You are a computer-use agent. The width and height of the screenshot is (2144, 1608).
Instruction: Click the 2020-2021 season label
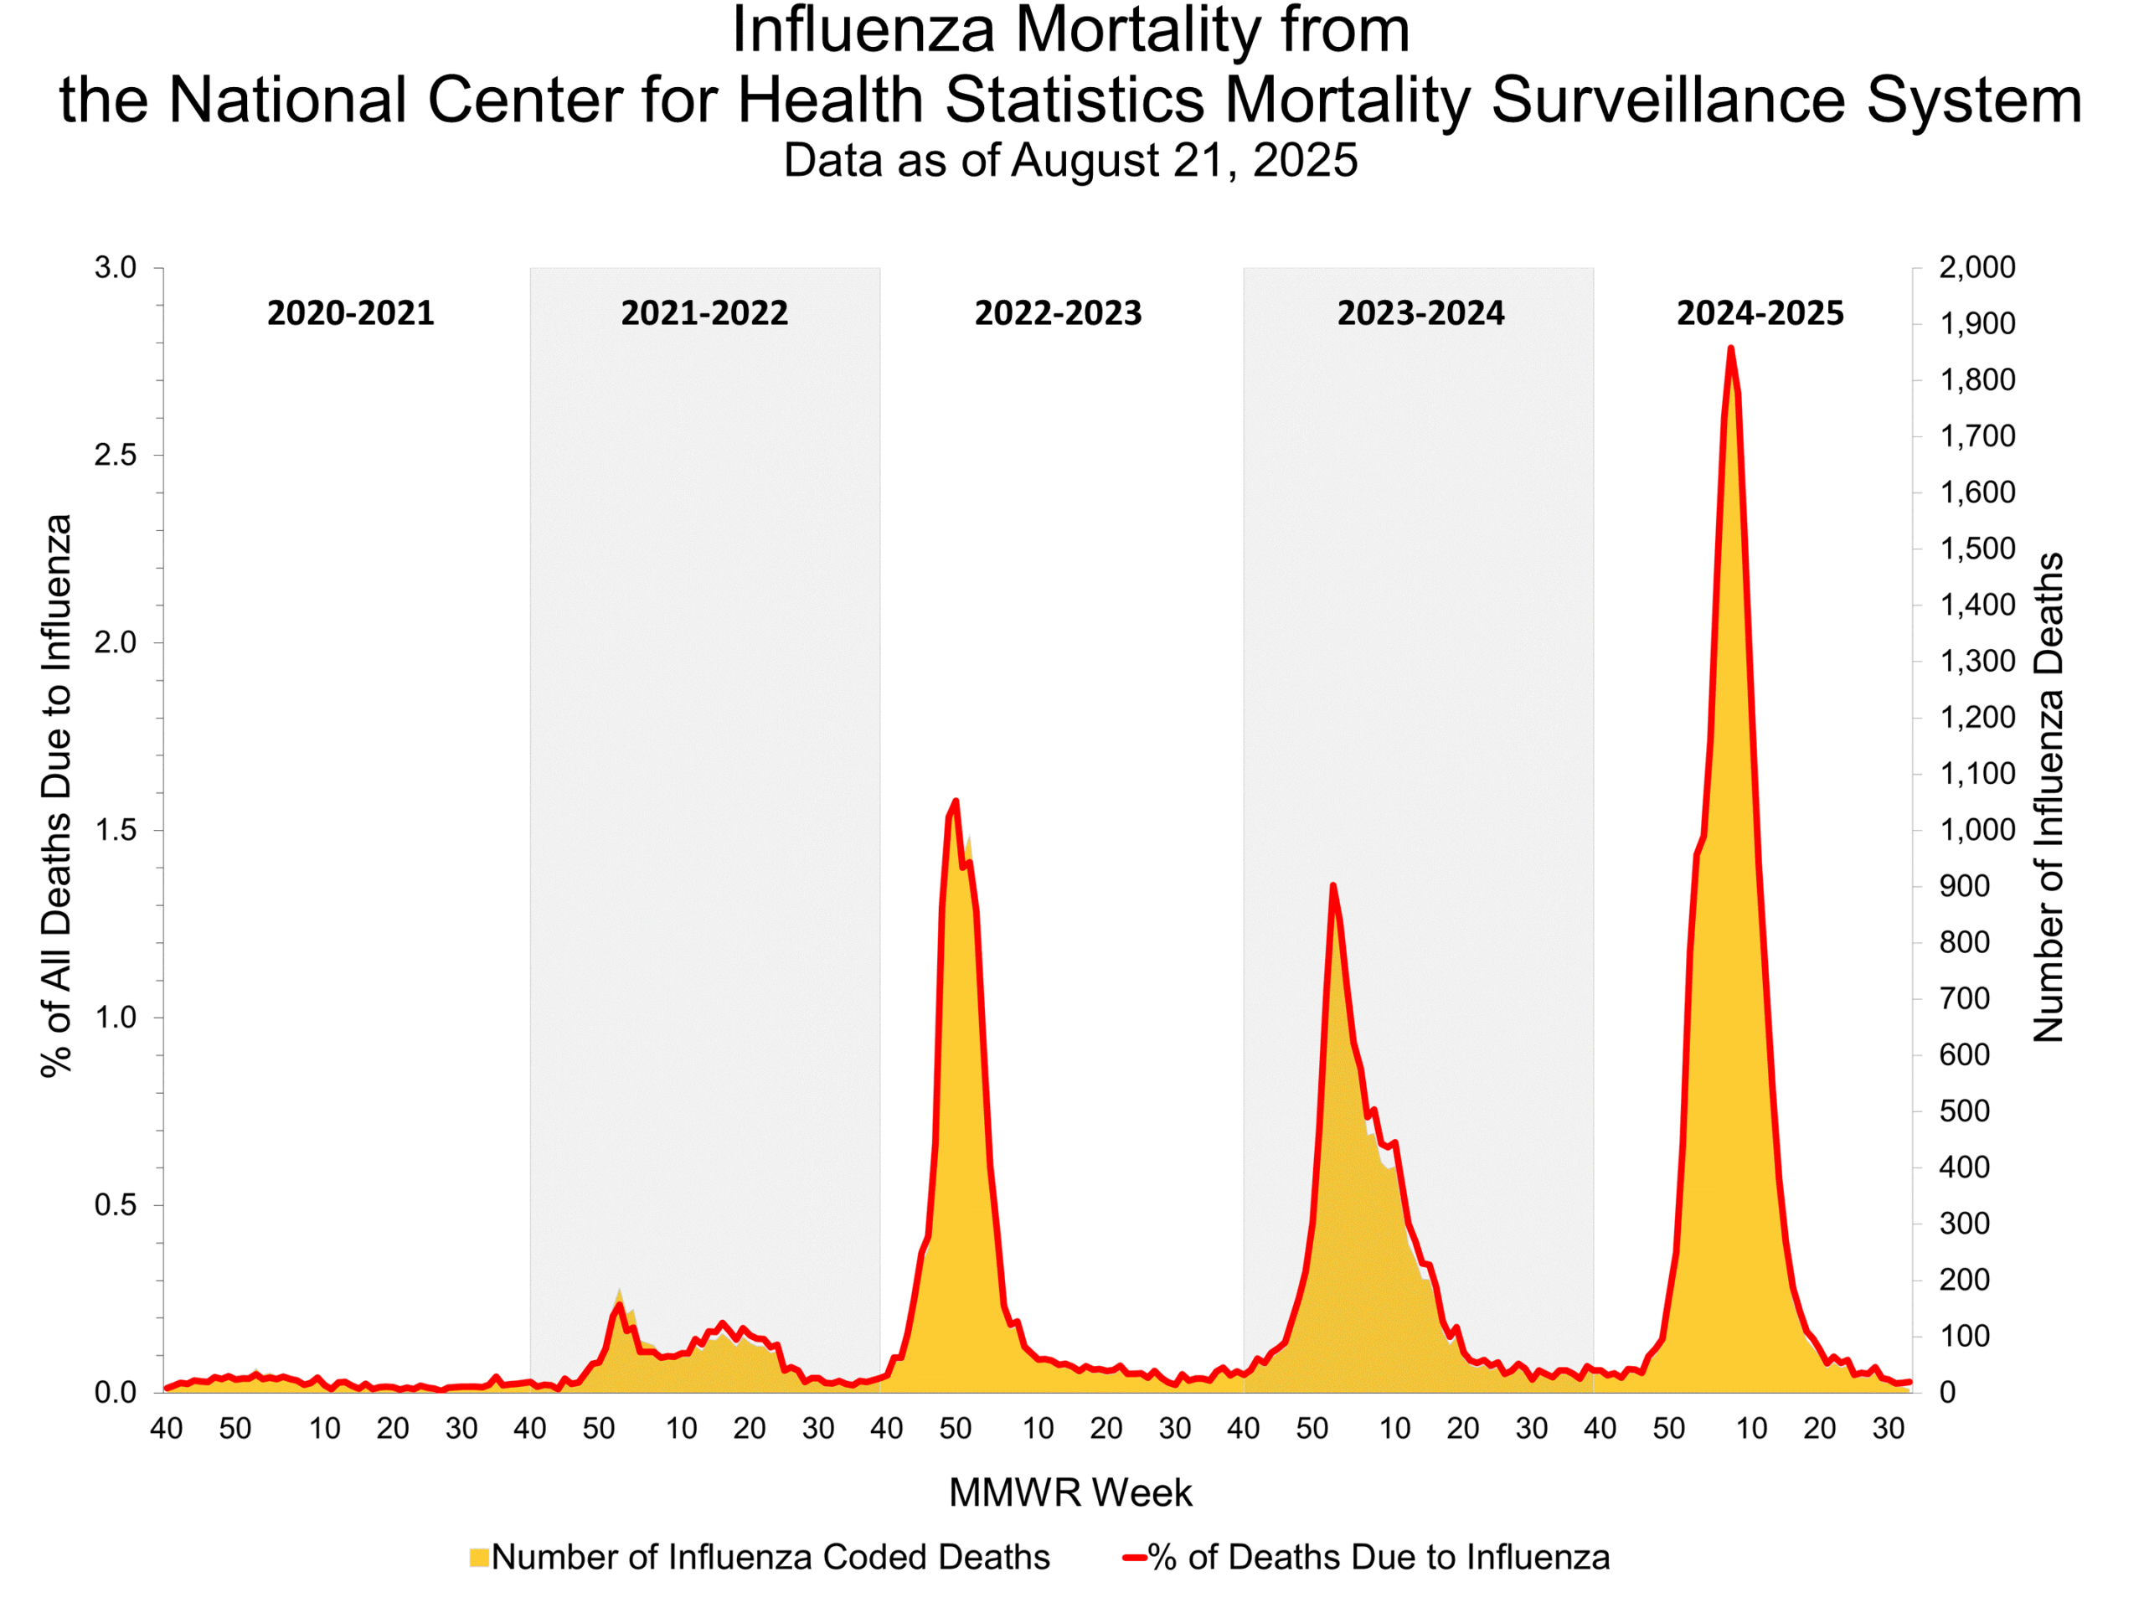351,313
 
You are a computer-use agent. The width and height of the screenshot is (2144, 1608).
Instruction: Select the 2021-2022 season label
704,313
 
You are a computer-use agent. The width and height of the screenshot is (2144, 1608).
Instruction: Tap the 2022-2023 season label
1059,313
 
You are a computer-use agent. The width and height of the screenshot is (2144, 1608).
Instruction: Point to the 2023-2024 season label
1421,313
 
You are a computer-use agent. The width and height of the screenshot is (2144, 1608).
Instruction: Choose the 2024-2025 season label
1760,313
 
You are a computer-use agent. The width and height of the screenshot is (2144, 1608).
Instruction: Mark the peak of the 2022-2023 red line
956,801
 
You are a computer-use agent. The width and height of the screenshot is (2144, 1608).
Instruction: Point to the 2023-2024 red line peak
1332,885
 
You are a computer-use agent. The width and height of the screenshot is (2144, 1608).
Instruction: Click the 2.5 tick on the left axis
116,456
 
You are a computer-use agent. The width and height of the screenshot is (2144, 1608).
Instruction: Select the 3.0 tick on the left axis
116,267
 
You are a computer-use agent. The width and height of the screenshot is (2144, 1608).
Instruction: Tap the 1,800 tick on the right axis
1976,380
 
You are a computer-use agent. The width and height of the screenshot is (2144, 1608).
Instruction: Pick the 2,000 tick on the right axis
1976,267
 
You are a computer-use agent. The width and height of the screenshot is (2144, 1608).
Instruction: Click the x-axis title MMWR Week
1070,1492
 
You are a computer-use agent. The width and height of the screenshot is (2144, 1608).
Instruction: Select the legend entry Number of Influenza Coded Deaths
770,1557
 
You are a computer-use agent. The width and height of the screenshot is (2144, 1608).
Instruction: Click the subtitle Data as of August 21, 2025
1070,160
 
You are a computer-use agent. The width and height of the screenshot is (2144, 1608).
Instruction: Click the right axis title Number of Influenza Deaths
2048,796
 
